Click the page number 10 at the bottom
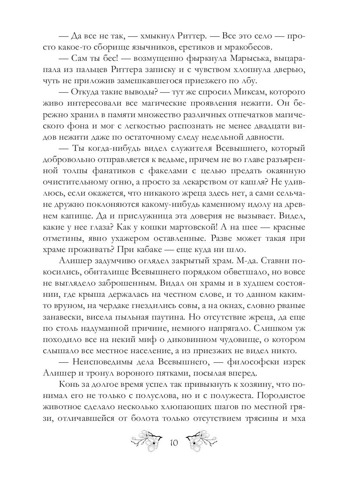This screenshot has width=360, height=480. click(x=174, y=444)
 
